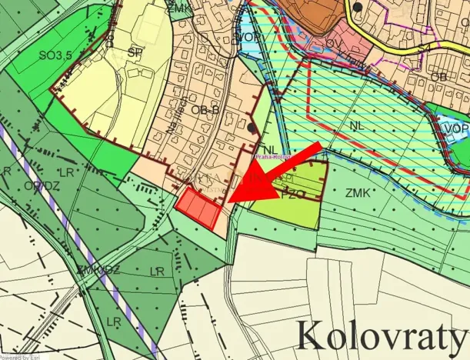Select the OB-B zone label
(204, 110)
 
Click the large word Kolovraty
(382, 335)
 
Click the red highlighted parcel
(199, 208)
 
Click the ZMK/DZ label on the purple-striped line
(98, 269)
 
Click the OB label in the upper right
(439, 78)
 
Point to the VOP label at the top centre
(247, 38)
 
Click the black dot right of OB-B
(253, 127)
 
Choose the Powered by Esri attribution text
(21, 356)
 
